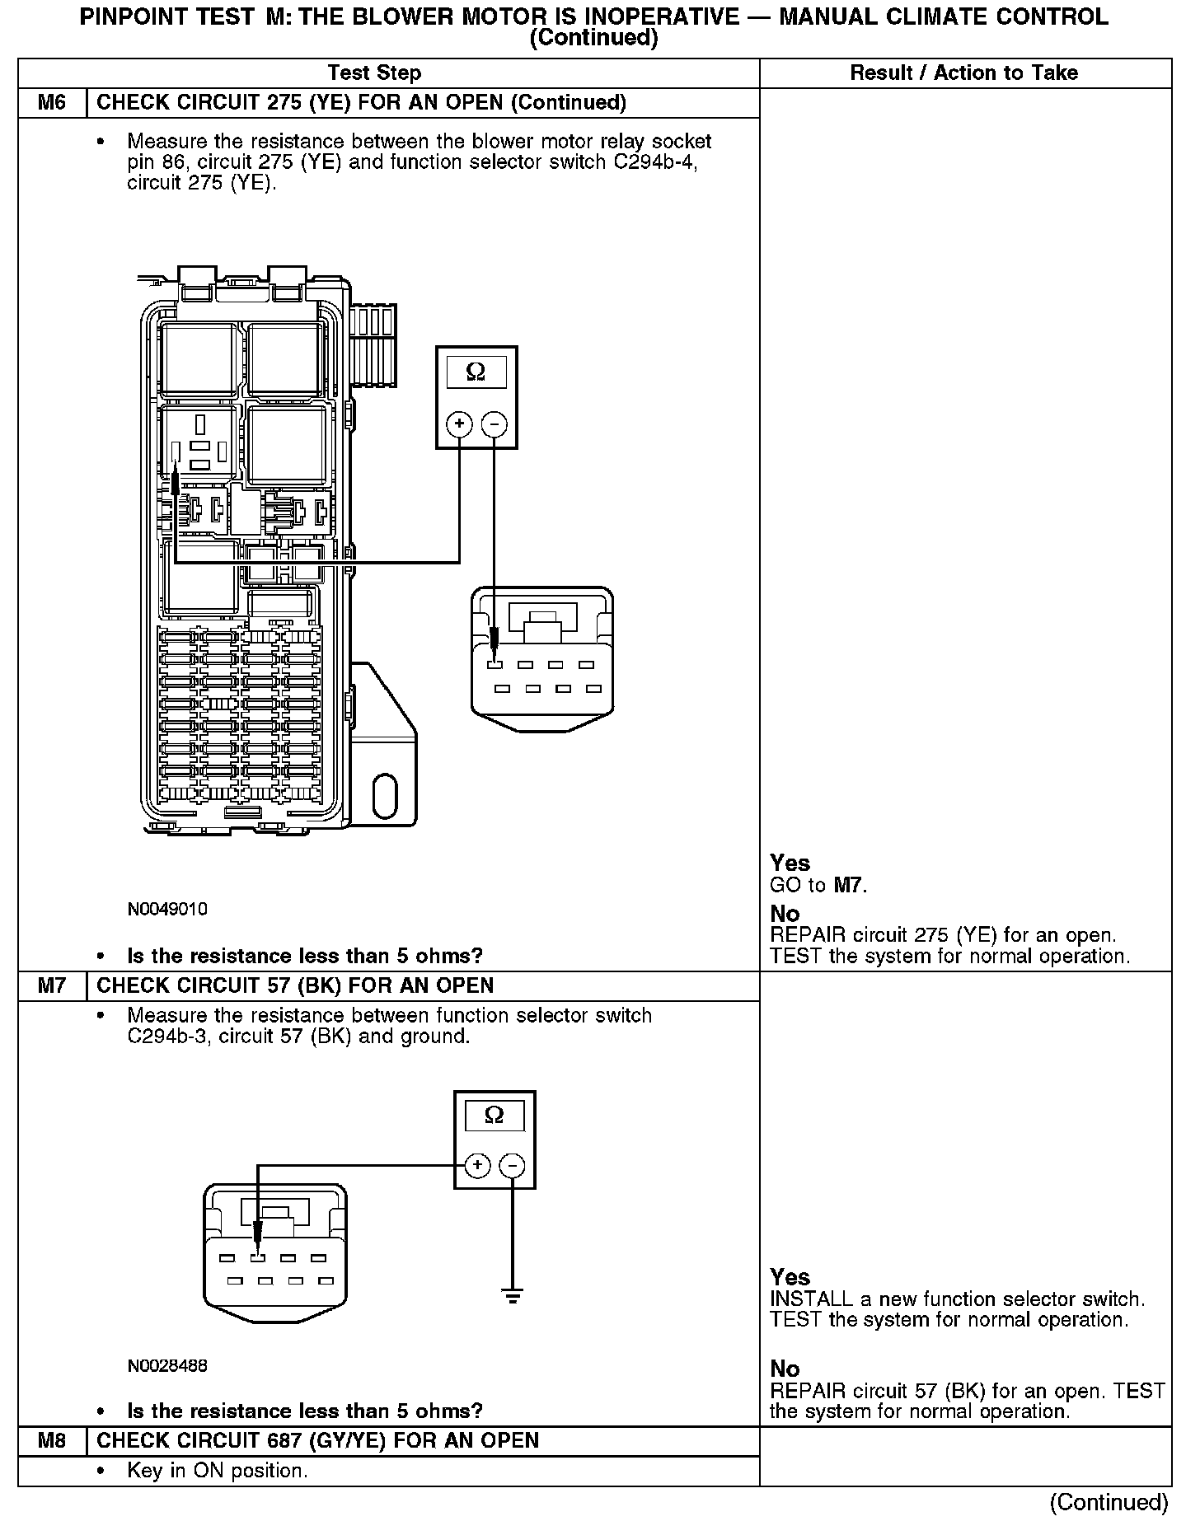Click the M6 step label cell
[x=52, y=103]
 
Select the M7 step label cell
[x=52, y=986]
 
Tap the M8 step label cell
[x=52, y=1441]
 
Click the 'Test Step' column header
[x=374, y=73]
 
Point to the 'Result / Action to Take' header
[x=963, y=73]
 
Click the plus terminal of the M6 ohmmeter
[x=459, y=424]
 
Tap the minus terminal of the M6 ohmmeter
[x=494, y=424]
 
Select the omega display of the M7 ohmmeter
[x=494, y=1116]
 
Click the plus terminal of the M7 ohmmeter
[x=477, y=1166]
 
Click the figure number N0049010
[x=167, y=910]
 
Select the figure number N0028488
[x=167, y=1366]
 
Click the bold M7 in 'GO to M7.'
[x=850, y=886]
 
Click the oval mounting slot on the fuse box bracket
[x=385, y=796]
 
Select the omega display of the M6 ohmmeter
[x=476, y=372]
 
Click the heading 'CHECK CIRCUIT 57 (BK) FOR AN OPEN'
[x=295, y=986]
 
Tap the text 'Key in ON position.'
[x=218, y=1471]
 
